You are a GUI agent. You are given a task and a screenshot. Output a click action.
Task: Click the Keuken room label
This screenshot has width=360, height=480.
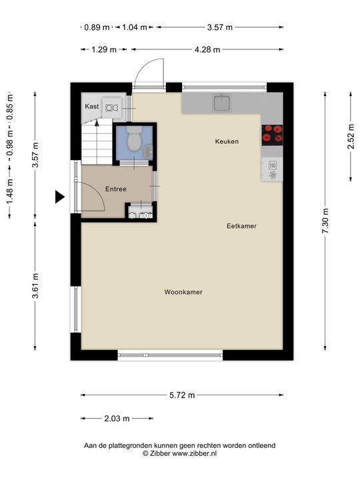pos(227,141)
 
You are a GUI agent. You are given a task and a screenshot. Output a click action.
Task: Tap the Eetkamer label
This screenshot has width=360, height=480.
pos(241,226)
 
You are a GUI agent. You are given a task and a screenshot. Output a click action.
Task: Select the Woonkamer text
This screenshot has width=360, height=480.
pos(183,292)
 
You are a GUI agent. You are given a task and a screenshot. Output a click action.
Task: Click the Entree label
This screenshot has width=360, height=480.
pos(116,189)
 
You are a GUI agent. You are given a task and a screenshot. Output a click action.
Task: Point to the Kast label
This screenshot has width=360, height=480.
pos(92,106)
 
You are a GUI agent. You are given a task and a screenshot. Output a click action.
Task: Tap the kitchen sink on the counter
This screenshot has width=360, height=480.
pos(222,103)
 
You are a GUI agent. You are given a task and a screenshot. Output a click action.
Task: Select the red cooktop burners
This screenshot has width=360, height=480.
pos(272,135)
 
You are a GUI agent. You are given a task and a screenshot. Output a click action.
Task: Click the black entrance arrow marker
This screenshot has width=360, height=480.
pos(60,197)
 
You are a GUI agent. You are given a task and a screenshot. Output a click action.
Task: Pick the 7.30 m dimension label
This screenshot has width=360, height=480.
pos(325,221)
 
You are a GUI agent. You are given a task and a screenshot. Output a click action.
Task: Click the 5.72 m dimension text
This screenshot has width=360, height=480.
pos(182,395)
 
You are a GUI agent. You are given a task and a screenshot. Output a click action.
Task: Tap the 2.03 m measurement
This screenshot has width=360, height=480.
pos(117,419)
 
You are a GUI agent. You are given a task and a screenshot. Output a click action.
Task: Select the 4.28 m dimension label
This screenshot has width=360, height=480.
pos(207,49)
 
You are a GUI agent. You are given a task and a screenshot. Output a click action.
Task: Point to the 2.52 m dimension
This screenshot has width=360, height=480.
pos(351,136)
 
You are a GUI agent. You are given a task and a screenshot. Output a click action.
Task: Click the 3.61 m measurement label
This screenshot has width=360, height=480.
pos(35,285)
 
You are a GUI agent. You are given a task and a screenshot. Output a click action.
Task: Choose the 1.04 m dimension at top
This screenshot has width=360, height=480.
pos(135,27)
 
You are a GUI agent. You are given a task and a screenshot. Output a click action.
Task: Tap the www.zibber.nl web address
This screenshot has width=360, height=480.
pos(194,454)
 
